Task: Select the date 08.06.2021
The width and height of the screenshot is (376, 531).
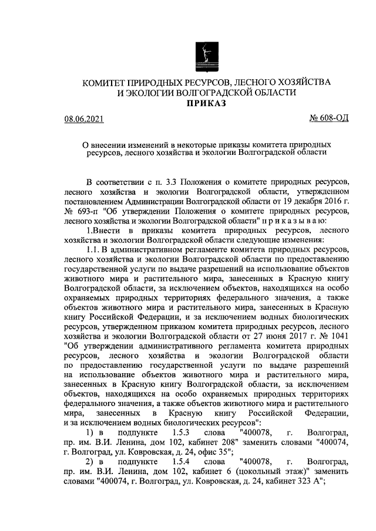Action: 84,120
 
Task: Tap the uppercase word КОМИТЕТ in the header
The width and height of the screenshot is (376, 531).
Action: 107,80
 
